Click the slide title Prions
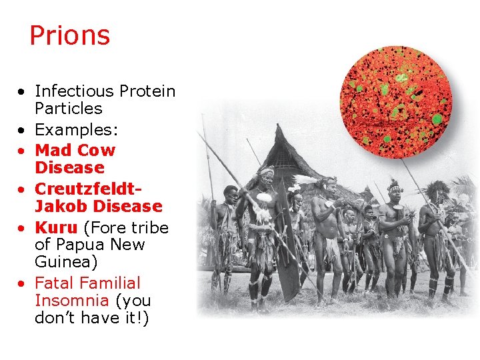69,36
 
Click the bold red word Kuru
56,228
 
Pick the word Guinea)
66,262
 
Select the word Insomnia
72,301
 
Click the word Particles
69,109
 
